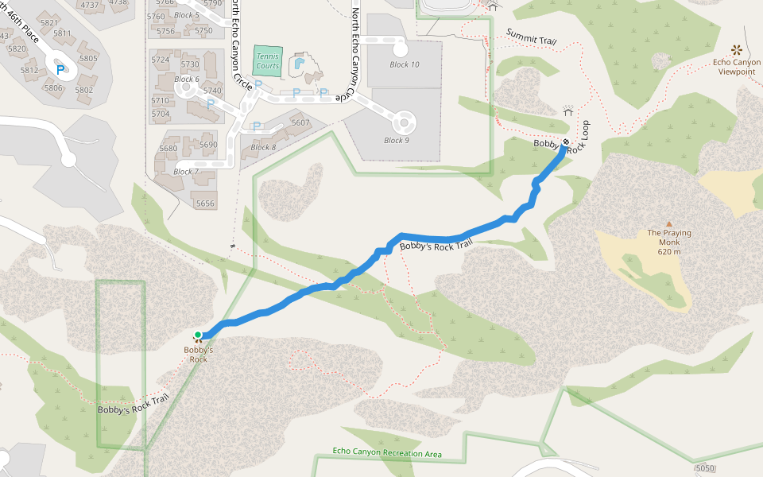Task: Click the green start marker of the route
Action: point(197,335)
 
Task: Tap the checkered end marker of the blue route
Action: point(565,142)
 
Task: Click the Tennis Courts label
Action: point(268,60)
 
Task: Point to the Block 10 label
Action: point(405,64)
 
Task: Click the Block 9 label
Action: point(396,141)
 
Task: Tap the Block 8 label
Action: point(263,147)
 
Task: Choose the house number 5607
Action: point(300,122)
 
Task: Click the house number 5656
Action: point(205,204)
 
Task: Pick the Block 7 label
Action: point(185,172)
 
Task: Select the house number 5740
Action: point(212,91)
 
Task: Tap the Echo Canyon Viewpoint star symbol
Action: point(736,49)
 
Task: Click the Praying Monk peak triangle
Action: point(669,224)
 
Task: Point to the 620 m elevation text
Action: point(669,252)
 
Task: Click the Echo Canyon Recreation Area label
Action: point(388,454)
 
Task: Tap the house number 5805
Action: point(88,58)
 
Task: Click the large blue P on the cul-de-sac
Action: point(60,69)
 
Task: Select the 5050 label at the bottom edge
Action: point(704,468)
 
